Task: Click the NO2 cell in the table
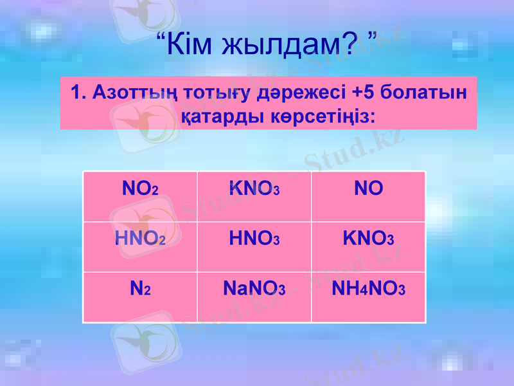pyautogui.click(x=140, y=189)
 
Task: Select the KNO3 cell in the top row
pyautogui.click(x=254, y=189)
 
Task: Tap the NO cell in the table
pyautogui.click(x=368, y=188)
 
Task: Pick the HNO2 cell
pyautogui.click(x=140, y=239)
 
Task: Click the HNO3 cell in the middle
pyautogui.click(x=254, y=239)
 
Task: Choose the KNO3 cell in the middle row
pyautogui.click(x=368, y=239)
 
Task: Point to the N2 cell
pyautogui.click(x=140, y=289)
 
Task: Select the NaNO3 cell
pyautogui.click(x=254, y=289)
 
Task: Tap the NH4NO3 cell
pyautogui.click(x=368, y=289)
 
